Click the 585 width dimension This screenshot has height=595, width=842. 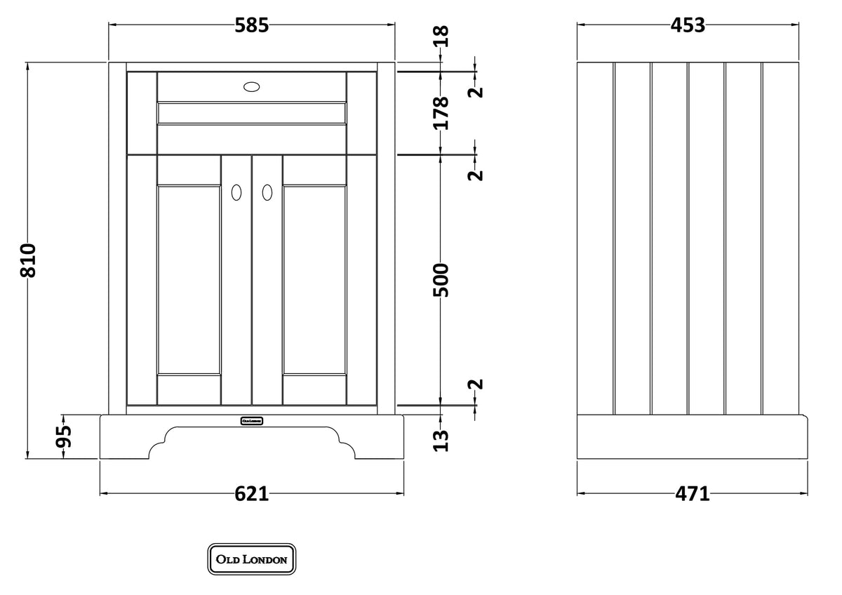pos(251,25)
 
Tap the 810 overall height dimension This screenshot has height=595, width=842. pos(28,260)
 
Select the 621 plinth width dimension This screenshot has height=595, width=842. pos(251,494)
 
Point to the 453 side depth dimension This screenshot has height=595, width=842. pos(688,25)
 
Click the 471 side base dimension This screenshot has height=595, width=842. pos(692,494)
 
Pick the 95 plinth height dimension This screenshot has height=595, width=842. pos(63,436)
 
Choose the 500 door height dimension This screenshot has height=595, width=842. pos(441,280)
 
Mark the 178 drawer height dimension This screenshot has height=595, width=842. pos(441,113)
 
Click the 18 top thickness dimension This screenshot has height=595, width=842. pos(441,36)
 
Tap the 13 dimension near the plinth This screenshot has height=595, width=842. pos(441,441)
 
